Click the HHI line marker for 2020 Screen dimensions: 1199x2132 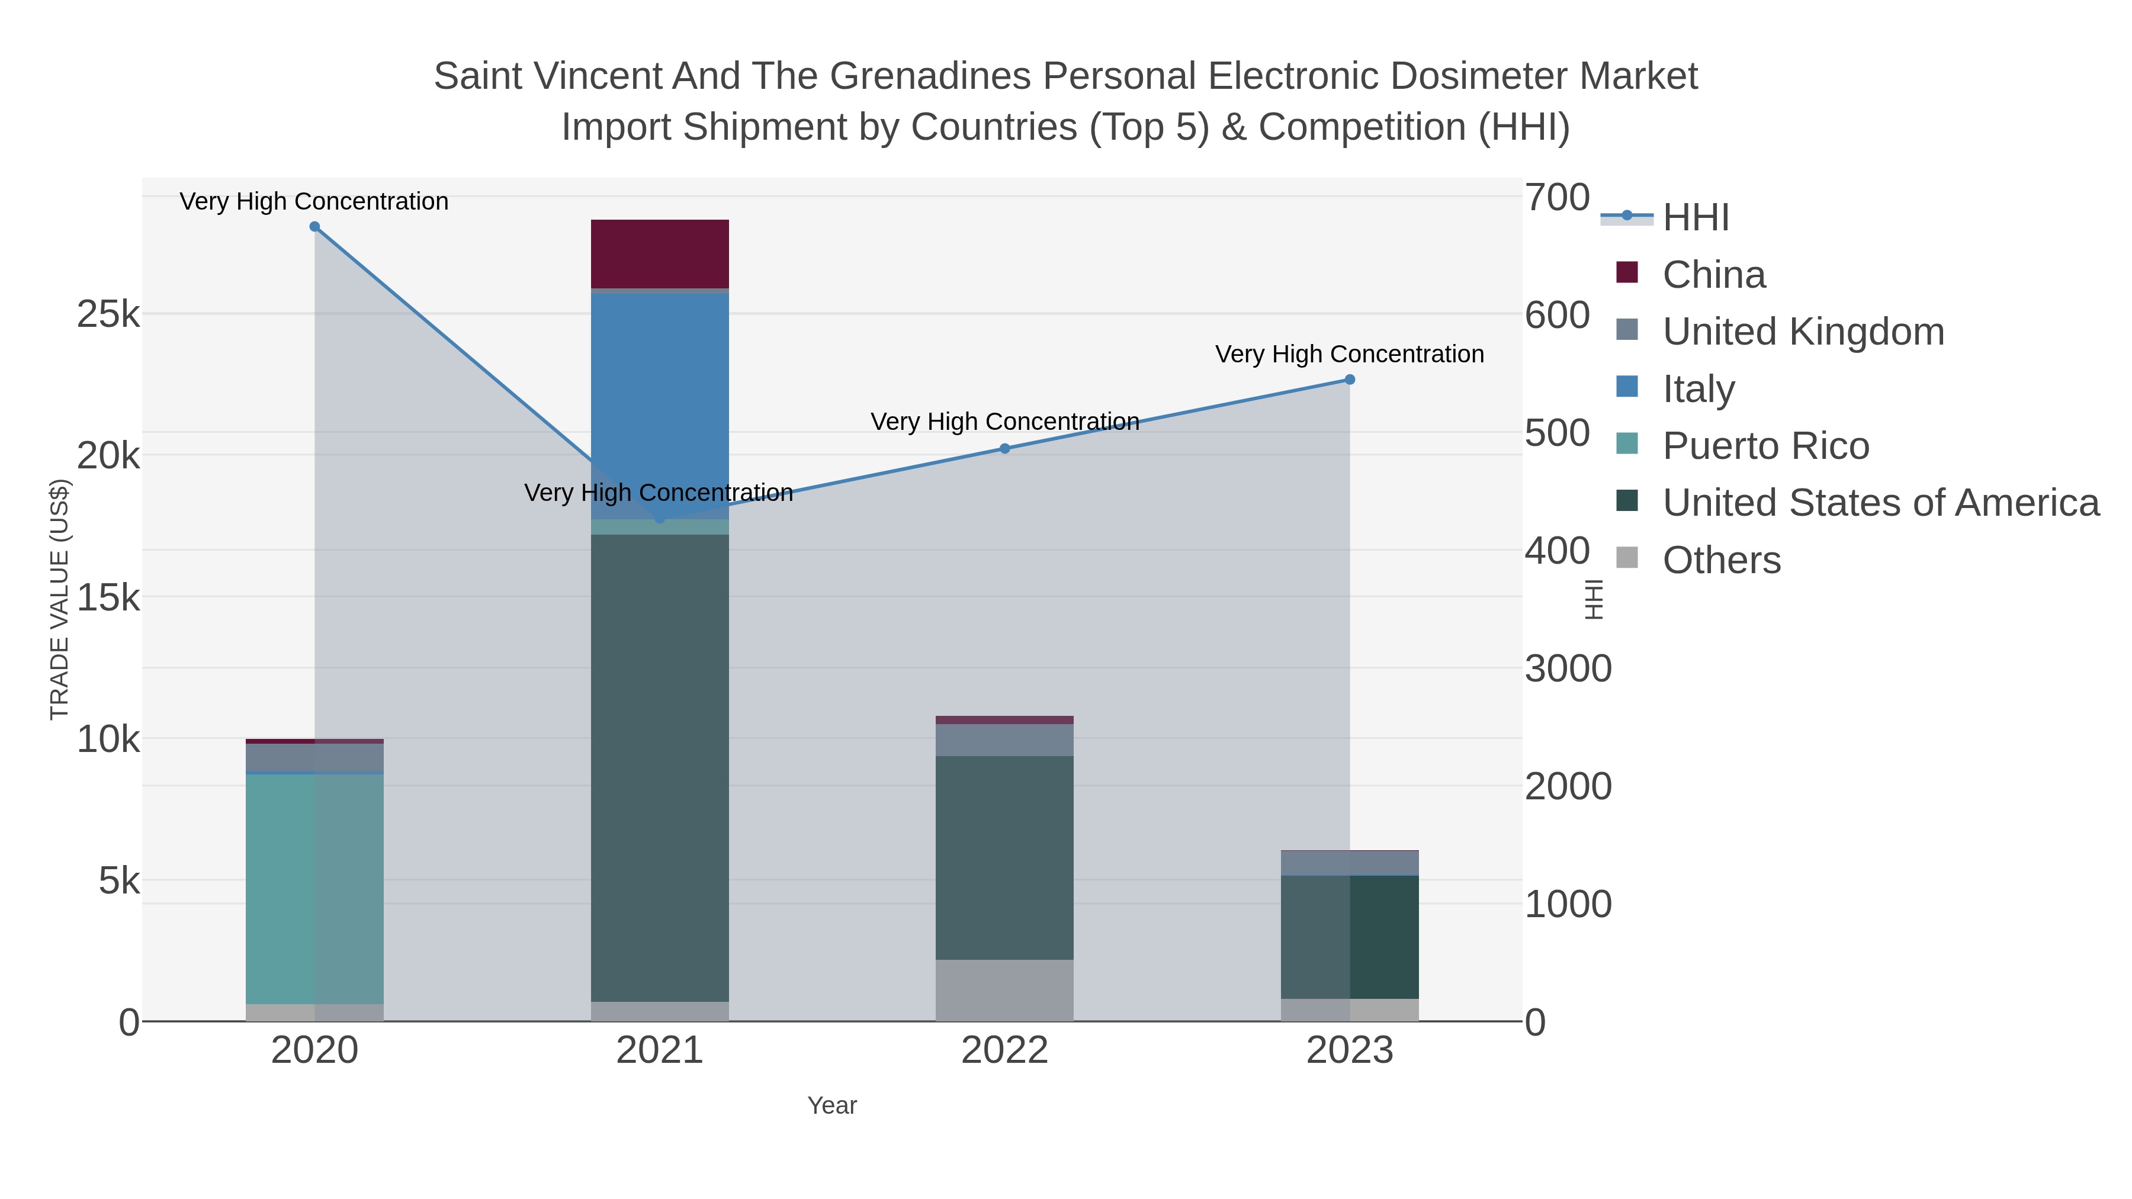314,227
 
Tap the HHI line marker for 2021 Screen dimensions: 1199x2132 660,518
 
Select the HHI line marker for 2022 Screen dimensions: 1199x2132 1005,448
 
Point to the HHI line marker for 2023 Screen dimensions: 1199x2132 1350,380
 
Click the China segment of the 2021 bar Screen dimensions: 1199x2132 660,253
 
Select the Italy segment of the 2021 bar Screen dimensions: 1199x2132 660,406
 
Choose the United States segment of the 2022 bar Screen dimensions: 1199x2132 1005,857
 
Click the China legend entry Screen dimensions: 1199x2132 1713,275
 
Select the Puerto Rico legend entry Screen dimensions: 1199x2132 1765,446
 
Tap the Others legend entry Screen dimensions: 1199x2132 1722,560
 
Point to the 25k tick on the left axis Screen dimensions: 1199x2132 108,314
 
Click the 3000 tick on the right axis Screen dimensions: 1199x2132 1568,668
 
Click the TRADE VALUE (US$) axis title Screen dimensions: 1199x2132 60,599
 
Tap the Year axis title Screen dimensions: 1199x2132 832,1105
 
